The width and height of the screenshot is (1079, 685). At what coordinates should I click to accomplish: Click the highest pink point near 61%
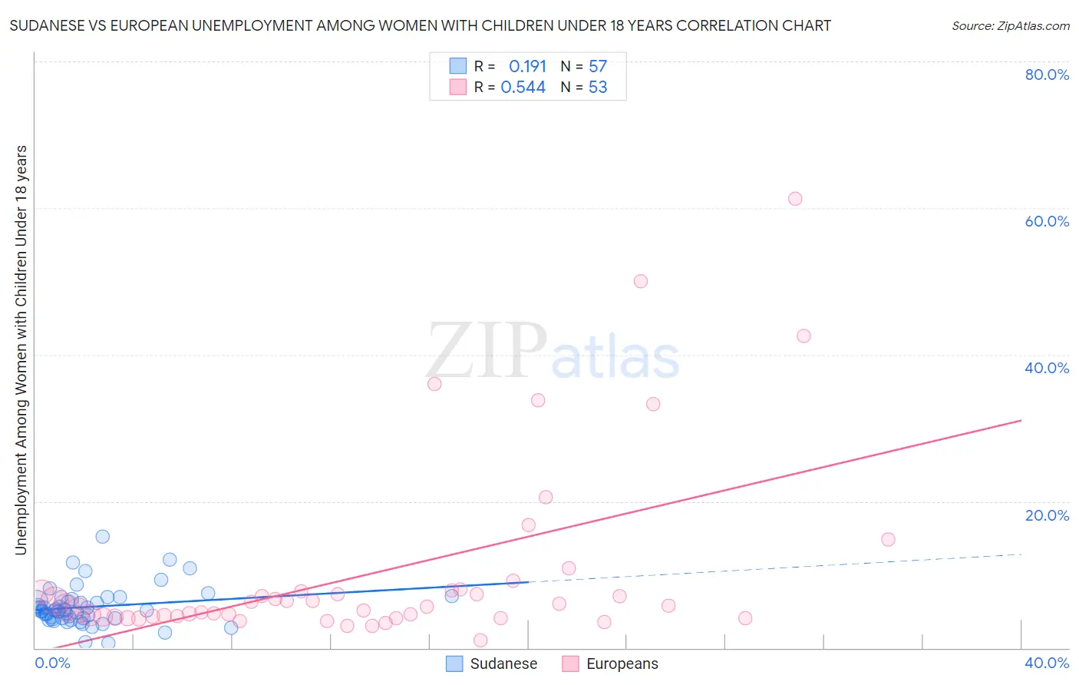795,199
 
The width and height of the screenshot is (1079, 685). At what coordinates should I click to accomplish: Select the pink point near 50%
641,281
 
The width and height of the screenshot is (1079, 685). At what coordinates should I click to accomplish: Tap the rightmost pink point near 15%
888,539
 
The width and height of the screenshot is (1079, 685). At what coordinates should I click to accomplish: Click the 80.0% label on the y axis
1047,74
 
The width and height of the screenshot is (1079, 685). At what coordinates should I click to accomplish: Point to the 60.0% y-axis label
1047,221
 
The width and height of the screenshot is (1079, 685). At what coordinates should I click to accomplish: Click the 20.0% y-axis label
1047,515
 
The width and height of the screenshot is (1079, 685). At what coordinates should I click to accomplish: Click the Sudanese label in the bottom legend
503,664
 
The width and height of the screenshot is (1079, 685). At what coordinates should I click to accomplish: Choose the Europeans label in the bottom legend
622,664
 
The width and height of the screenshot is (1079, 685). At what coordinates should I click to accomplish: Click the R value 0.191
527,67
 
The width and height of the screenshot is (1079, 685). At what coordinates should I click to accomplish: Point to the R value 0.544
523,88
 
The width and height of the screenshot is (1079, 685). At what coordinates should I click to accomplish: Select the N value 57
598,67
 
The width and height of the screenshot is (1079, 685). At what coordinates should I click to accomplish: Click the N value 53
598,88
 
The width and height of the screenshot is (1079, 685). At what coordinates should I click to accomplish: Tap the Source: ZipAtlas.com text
1010,26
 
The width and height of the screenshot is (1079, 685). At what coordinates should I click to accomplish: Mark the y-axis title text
21,349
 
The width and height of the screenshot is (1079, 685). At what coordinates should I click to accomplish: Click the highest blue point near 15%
102,537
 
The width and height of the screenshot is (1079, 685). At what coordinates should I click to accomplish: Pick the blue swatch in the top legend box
458,66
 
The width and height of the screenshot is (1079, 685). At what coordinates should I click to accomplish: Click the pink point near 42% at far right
803,336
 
